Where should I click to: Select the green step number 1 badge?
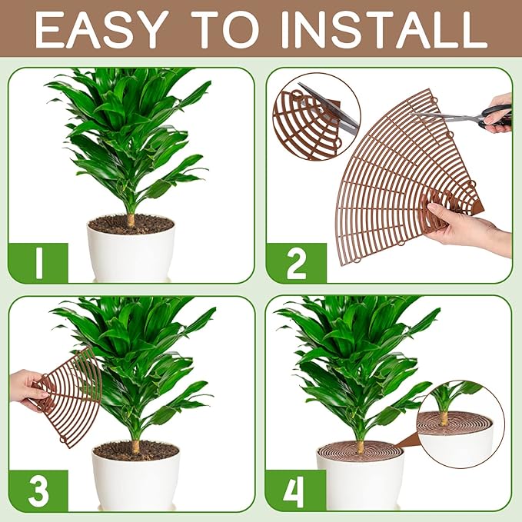click(38, 262)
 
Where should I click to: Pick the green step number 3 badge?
click(38, 490)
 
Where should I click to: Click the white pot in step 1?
click(130, 254)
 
